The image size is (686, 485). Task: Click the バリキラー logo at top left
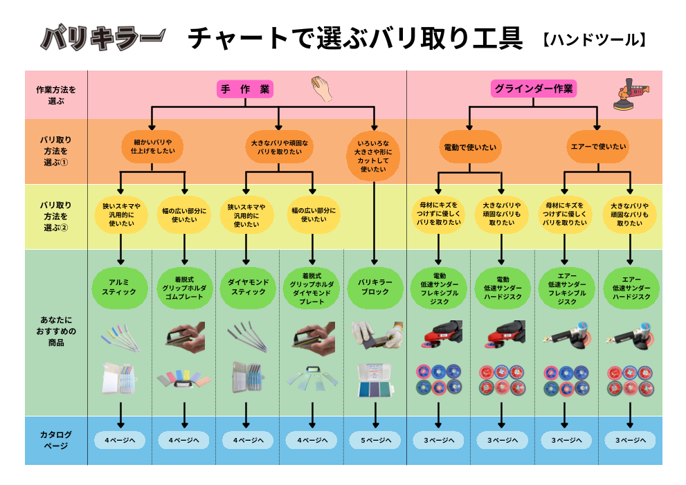pos(102,38)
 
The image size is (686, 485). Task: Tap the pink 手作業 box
pos(246,89)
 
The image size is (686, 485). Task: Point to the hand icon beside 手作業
pos(322,89)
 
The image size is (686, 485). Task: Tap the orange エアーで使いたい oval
pos(598,147)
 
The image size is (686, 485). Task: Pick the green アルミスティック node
pos(120,287)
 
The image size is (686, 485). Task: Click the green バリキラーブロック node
pos(374,287)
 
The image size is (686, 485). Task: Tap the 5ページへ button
pos(374,440)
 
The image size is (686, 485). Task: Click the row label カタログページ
pos(56,440)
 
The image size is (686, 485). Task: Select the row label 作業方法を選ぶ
pos(56,95)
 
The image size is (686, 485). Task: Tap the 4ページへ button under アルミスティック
pos(120,440)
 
